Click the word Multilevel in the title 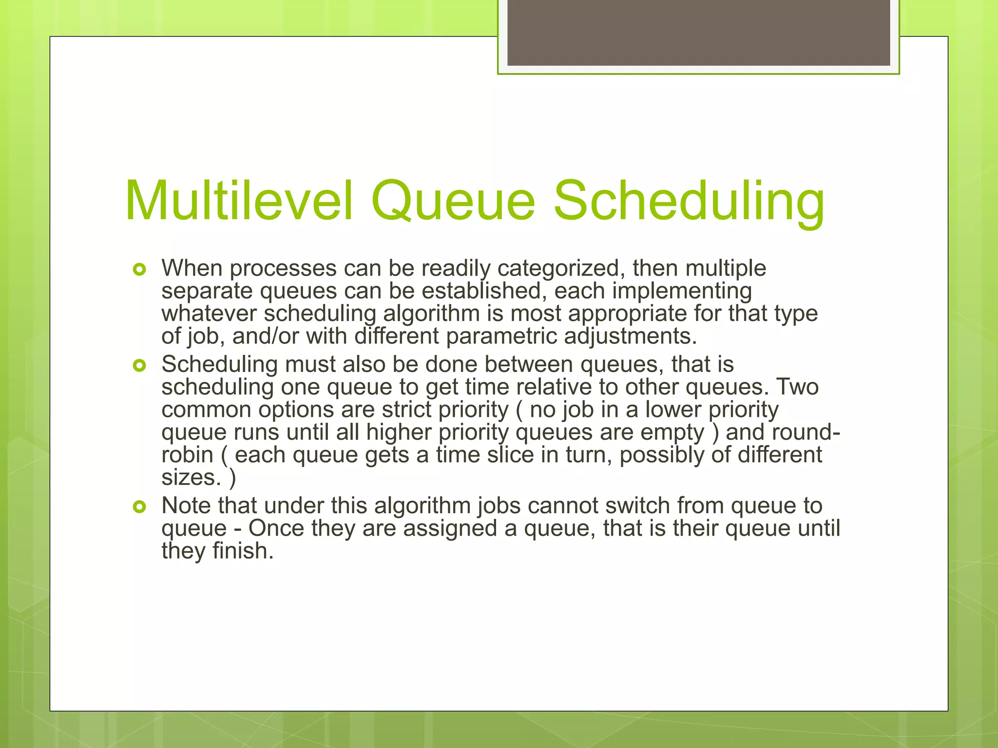click(239, 201)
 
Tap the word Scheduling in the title click(689, 201)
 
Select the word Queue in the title click(453, 201)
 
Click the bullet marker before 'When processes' click(139, 269)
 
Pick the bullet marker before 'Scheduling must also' click(139, 365)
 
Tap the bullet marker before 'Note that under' click(139, 507)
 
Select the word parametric click(501, 337)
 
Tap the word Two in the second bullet click(797, 387)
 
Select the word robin click(187, 455)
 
